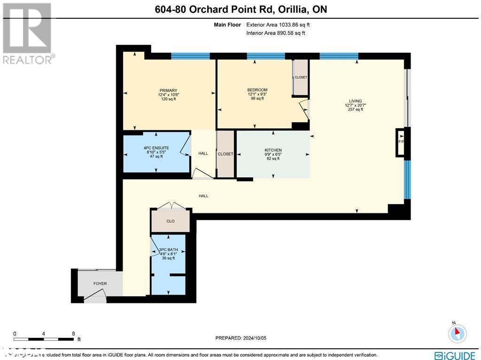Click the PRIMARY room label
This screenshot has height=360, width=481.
(168, 90)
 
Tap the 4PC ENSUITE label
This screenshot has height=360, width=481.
(156, 148)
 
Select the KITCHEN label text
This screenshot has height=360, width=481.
(272, 150)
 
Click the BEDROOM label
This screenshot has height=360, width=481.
(257, 90)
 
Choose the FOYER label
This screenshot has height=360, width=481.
(100, 283)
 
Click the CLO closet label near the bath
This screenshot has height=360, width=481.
(171, 221)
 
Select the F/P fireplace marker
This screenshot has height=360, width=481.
(401, 141)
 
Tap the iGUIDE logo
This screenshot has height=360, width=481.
(455, 355)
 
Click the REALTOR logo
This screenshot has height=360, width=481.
(28, 33)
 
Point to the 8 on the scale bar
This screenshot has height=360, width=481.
(73, 334)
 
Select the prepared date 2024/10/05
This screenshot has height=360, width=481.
(240, 338)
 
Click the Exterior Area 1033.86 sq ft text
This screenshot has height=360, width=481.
(278, 24)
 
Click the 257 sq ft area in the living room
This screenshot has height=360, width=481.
(355, 110)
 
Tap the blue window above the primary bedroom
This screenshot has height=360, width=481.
(190, 56)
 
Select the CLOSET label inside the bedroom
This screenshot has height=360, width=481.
(301, 78)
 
